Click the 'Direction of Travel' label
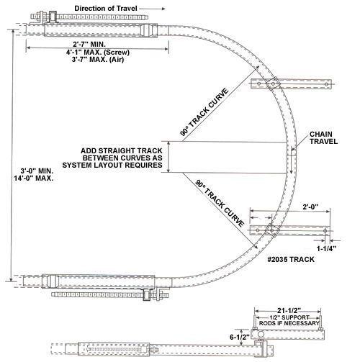[106, 9]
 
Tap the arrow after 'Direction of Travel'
[152, 9]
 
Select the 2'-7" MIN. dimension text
[89, 44]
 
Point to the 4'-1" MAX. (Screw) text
[98, 52]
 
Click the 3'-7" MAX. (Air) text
[98, 59]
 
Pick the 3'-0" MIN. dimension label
[37, 171]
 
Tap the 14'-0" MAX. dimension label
[34, 178]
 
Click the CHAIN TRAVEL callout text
[323, 137]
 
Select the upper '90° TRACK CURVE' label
[204, 112]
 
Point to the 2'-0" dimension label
[310, 207]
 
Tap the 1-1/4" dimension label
[326, 248]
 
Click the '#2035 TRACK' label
[291, 259]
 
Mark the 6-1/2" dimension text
[240, 337]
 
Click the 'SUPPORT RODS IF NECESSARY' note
[289, 320]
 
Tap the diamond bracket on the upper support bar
[273, 83]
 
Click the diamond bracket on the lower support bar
[271, 230]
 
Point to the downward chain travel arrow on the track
[291, 160]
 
